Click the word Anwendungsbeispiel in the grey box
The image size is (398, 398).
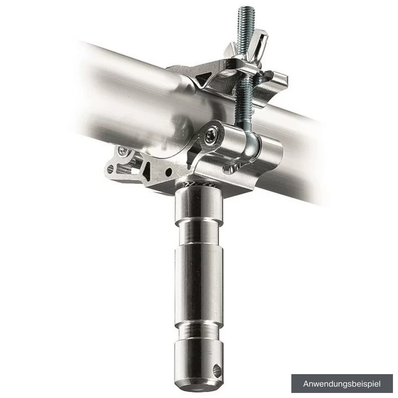[342, 384]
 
